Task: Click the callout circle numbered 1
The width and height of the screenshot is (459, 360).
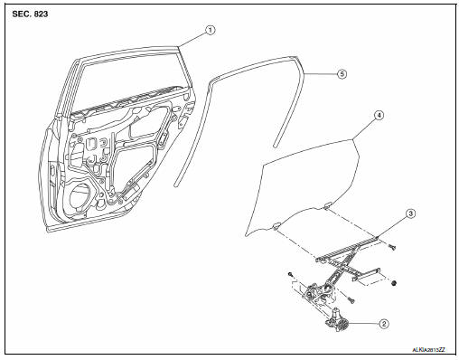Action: [211, 30]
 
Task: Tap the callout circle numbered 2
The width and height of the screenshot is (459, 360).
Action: [384, 324]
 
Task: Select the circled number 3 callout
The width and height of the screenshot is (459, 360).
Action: [410, 213]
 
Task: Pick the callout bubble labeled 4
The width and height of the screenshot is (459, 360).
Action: [379, 115]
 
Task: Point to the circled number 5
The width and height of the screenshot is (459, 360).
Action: [342, 74]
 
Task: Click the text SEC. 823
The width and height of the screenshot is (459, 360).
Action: [30, 14]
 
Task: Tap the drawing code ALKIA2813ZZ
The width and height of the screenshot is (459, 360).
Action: [429, 350]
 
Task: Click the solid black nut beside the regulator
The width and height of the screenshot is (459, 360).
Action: [394, 283]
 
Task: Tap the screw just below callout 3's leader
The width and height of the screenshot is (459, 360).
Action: [392, 247]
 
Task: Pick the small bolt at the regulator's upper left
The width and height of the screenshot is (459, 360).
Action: [290, 274]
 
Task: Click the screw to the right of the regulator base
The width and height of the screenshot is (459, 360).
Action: [351, 300]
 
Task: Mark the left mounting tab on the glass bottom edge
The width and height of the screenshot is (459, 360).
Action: [276, 225]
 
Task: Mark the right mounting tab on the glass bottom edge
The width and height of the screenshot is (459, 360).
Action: [327, 206]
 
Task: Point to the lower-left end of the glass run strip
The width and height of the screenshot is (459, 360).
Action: [176, 185]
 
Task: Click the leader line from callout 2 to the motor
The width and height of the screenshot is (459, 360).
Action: [363, 324]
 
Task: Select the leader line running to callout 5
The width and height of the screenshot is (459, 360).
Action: [320, 74]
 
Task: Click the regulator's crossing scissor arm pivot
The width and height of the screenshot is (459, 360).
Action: [342, 265]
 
